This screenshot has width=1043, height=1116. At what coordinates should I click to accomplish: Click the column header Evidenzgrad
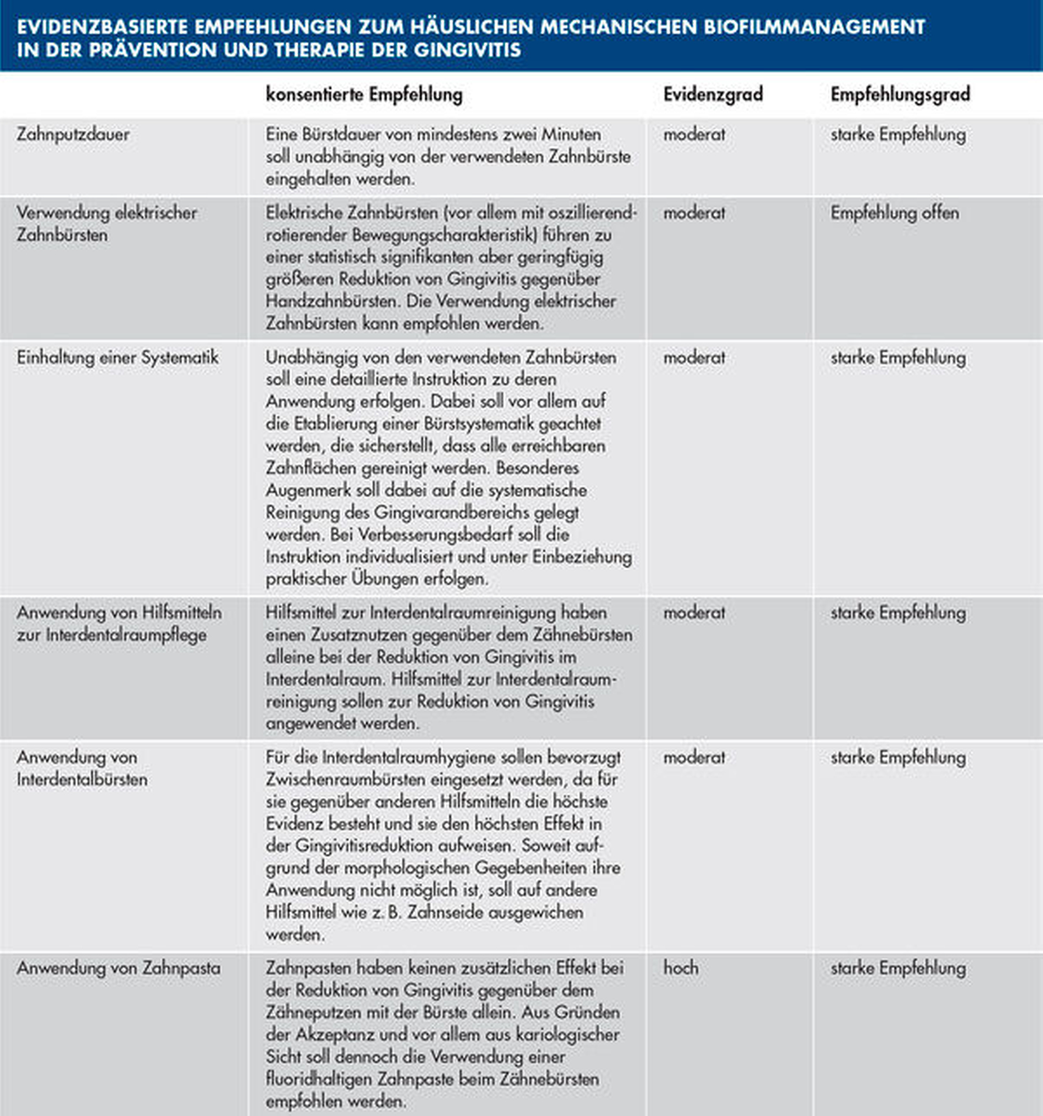point(713,94)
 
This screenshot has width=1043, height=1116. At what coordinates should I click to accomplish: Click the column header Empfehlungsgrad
point(900,94)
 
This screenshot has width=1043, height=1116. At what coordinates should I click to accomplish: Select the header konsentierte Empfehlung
point(365,94)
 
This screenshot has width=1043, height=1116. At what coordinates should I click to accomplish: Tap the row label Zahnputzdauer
point(73,134)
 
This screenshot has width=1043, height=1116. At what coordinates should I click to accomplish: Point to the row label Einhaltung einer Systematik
point(117,357)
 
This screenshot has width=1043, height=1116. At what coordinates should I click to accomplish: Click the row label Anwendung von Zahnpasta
point(119,968)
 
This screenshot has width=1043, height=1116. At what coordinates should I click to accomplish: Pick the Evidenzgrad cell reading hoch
point(681,968)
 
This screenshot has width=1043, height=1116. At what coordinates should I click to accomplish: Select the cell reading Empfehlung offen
point(895,214)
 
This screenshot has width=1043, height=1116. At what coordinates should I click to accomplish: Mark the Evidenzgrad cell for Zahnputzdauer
point(694,134)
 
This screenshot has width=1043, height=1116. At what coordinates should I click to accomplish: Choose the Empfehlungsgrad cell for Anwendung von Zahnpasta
point(898,968)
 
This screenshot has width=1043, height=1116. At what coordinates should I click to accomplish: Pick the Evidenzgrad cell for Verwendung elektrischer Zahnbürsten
point(694,214)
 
